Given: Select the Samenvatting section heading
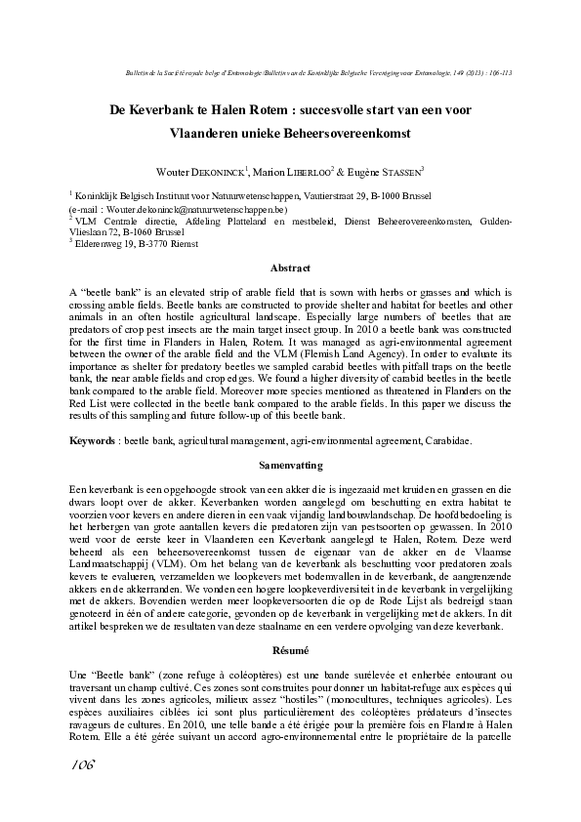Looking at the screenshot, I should coord(290,467).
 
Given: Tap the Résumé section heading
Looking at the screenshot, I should coord(290,649).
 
